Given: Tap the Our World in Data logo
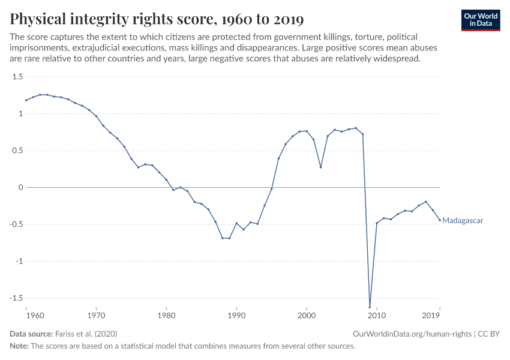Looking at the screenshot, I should (481, 20).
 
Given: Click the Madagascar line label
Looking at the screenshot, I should (463, 220).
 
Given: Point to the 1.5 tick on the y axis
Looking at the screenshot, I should (17, 77).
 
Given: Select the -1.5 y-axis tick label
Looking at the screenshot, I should (16, 298).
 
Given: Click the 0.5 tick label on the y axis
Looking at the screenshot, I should (17, 151).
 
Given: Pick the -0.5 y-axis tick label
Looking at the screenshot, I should (16, 224).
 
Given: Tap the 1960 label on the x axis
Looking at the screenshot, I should (35, 314).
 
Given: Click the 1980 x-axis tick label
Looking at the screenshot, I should (166, 314).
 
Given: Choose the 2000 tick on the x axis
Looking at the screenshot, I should (307, 314).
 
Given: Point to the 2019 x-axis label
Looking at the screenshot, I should (431, 314).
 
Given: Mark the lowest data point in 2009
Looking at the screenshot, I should (370, 307).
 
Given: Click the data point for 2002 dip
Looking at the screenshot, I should (320, 167).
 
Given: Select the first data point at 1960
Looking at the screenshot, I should (26, 100).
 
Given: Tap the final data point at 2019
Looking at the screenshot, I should (439, 220).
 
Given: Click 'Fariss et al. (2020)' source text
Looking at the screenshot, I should (85, 334).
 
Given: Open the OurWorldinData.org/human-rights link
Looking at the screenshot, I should (413, 334).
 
